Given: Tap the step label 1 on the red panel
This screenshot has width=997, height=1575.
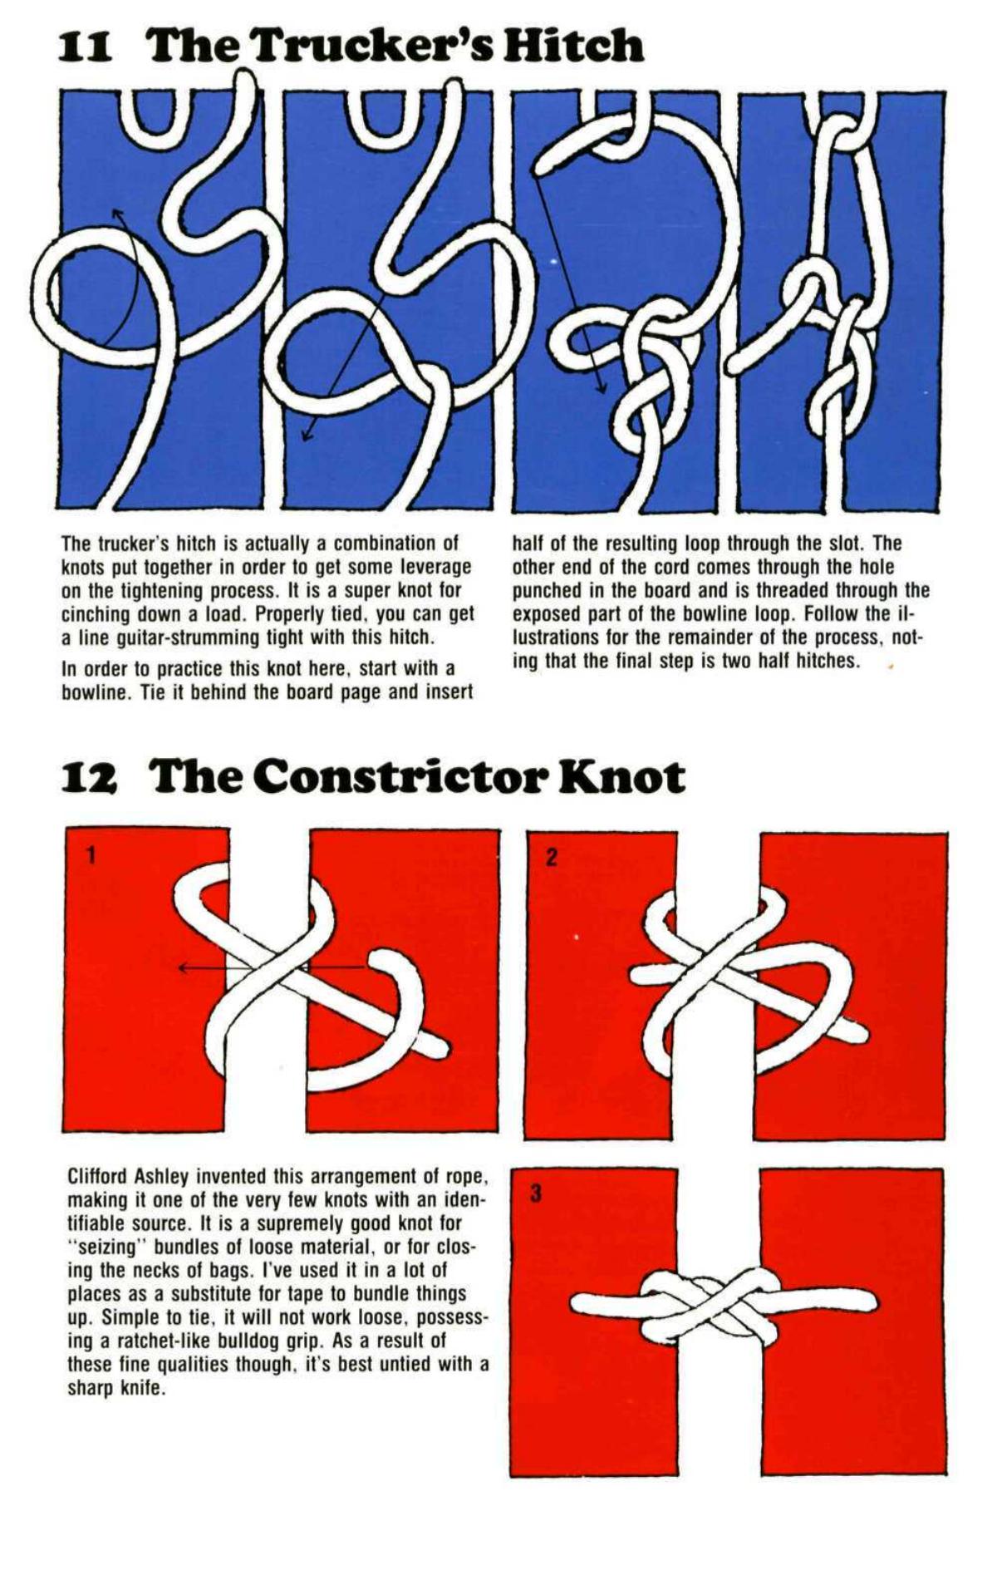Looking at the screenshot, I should (91, 854).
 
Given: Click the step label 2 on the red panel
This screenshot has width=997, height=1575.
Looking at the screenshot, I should (551, 858).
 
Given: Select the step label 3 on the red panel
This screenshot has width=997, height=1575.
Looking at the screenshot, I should (536, 1194).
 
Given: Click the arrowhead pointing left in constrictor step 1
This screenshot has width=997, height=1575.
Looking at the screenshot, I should (182, 967).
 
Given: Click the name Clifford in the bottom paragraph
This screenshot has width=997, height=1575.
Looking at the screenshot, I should (99, 1177).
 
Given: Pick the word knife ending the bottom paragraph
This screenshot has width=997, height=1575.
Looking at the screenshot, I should (140, 1388).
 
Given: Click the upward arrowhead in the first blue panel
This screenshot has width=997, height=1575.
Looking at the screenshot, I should (117, 214).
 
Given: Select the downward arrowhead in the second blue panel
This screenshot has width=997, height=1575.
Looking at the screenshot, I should (306, 436).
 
